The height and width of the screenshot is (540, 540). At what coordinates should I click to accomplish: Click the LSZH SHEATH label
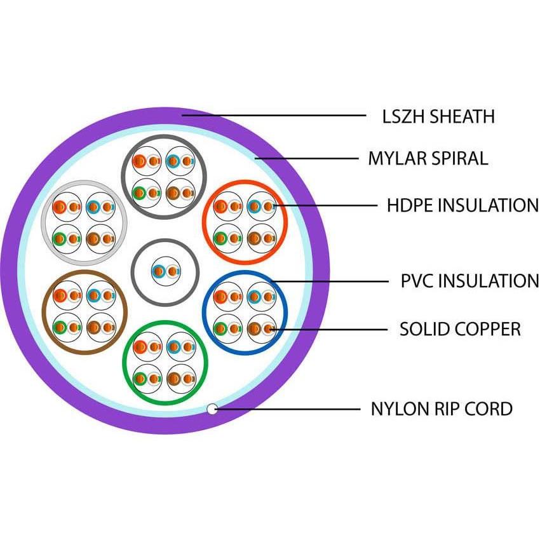(438, 117)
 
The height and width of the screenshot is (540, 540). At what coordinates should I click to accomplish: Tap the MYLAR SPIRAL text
(428, 158)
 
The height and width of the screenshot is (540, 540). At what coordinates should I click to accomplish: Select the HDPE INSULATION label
(462, 206)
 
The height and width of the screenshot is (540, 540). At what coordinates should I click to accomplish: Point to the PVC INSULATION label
(469, 280)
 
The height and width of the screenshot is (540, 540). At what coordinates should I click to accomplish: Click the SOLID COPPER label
(460, 329)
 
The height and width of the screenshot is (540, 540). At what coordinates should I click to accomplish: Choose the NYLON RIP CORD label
(441, 408)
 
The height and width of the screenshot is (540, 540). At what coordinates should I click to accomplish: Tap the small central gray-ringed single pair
(165, 272)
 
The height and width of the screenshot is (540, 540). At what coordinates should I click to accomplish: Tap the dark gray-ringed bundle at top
(163, 177)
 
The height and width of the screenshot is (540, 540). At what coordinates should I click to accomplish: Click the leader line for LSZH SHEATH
(273, 116)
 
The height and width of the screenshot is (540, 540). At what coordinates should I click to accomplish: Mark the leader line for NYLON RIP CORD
(286, 408)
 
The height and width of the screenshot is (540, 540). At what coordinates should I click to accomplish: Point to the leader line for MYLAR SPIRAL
(305, 158)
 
